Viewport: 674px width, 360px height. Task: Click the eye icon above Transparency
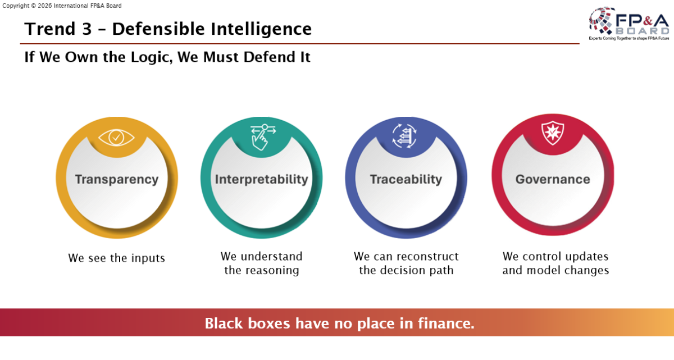116,138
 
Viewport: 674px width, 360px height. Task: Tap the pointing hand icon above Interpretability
263,137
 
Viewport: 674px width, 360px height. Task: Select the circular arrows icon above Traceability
404,136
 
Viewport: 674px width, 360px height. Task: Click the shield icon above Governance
553,133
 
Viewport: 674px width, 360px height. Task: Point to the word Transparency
117,180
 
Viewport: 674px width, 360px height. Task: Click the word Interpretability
262,180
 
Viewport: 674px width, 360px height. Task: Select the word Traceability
406,180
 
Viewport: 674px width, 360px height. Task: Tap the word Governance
553,179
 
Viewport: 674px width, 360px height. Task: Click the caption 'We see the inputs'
117,258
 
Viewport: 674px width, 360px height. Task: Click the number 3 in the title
86,29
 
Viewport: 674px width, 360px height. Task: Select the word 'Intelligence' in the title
261,29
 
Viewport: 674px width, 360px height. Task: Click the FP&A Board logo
629,24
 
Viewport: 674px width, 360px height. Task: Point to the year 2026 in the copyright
45,6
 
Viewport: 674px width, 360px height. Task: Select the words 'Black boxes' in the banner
248,323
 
